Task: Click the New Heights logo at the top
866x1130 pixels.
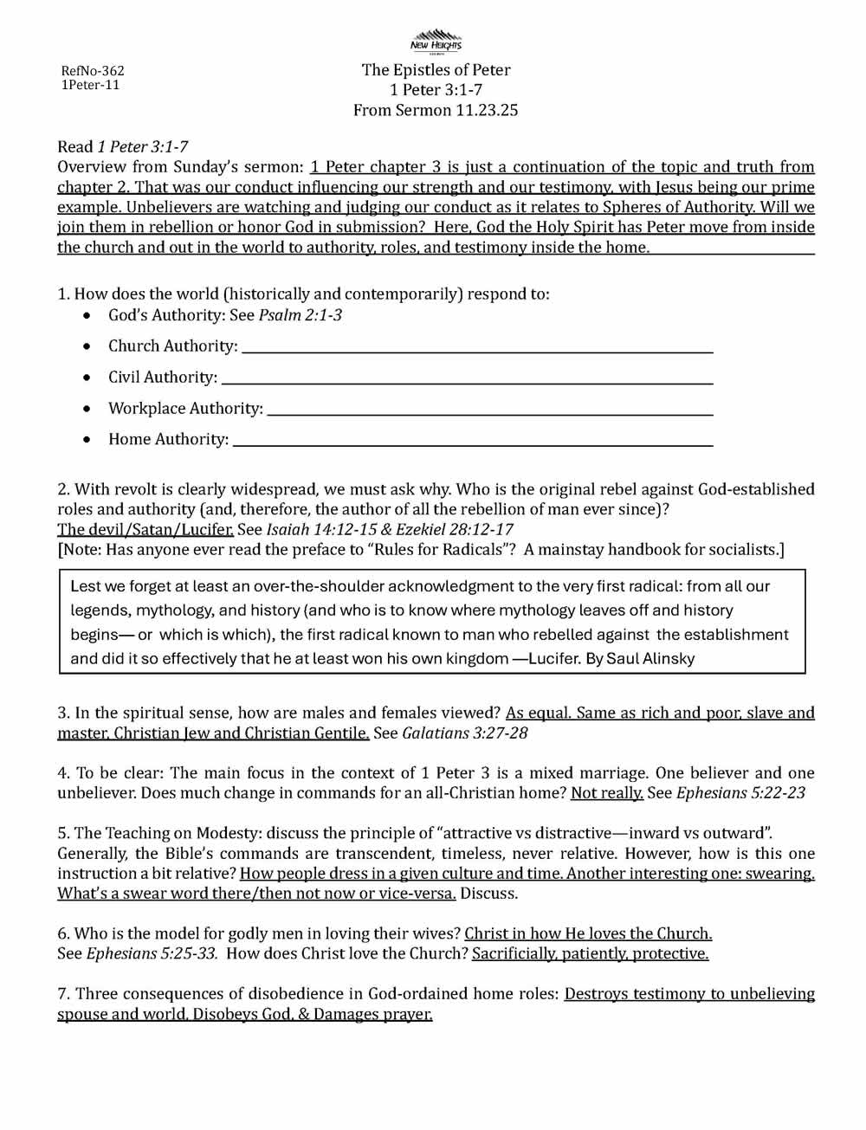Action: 436,40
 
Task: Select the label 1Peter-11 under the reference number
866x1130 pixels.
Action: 90,85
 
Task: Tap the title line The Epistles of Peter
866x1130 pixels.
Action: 436,70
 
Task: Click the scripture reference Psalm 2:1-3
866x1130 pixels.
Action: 300,315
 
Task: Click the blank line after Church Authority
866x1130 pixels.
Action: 477,350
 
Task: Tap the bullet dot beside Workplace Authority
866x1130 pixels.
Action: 87,409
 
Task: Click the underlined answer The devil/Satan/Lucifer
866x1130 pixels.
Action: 145,529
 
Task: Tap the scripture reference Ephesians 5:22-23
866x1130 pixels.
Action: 740,792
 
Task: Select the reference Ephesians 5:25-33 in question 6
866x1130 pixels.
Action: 151,953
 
